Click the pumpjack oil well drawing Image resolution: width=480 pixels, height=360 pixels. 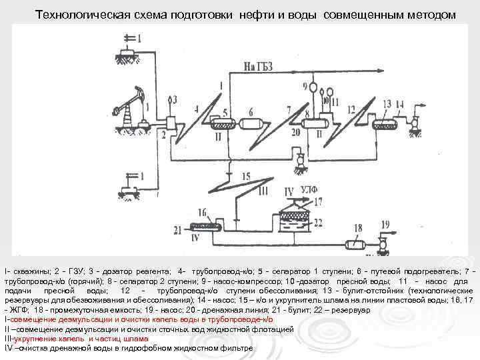[133, 107]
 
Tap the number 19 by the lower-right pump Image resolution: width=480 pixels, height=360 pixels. [385, 225]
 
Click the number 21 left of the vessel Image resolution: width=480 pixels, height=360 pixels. [178, 231]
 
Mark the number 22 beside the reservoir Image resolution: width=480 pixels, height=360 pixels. [318, 222]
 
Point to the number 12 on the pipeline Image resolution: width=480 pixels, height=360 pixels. [351, 107]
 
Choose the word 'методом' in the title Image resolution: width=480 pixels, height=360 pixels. [432, 14]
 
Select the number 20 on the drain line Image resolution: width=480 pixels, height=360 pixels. [295, 133]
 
